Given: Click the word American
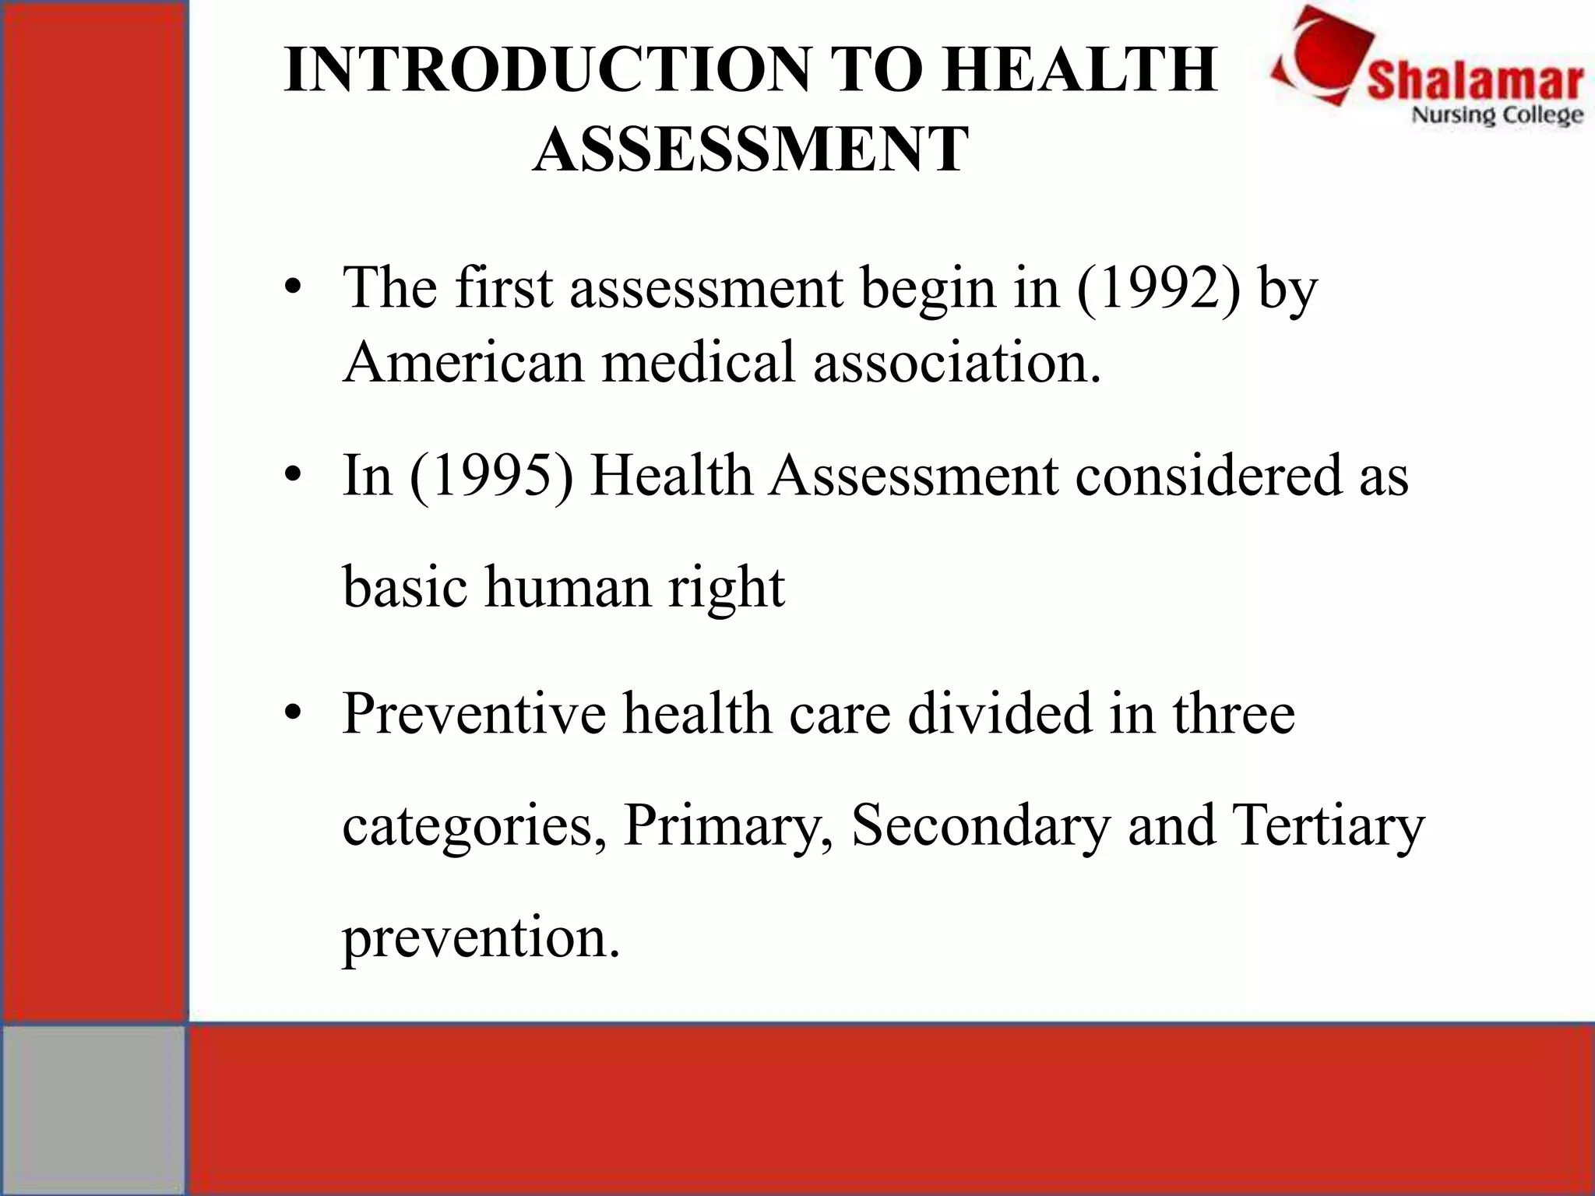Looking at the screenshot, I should [463, 362].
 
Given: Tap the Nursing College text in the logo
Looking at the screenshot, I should [1497, 116].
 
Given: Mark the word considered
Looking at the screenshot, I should [1208, 475].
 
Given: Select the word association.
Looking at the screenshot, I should [957, 362].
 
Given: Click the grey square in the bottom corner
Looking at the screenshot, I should [93, 1109].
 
